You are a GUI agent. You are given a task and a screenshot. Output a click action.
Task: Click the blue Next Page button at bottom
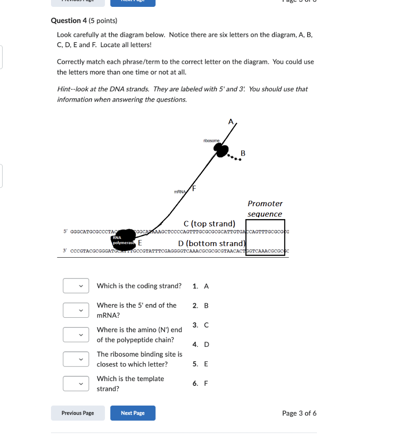[133, 413]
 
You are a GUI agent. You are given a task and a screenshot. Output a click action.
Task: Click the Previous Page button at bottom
[78, 413]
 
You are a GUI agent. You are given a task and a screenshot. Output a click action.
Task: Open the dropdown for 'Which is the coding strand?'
[76, 286]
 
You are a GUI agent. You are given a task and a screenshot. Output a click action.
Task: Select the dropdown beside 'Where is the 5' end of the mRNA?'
[76, 310]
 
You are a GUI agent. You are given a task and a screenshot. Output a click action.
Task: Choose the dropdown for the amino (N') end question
[76, 334]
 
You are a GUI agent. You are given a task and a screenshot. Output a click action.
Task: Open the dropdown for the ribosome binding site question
[76, 359]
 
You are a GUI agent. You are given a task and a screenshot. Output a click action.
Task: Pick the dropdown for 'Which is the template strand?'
[76, 383]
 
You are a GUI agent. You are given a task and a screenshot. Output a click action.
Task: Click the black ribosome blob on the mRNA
[221, 150]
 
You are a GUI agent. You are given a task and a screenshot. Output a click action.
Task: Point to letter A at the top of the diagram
[231, 122]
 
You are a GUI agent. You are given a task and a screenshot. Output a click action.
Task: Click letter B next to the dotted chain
[243, 153]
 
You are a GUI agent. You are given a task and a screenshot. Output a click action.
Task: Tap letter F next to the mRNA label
[194, 188]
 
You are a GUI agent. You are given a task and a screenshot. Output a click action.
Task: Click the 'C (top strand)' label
[209, 223]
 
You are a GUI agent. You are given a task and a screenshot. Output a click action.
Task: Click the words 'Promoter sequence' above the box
[265, 208]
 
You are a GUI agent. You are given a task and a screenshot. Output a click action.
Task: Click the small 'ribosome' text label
[212, 140]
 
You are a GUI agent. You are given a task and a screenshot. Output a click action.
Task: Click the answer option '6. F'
[200, 383]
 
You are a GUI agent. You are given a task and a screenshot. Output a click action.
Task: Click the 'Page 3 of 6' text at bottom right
[299, 413]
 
